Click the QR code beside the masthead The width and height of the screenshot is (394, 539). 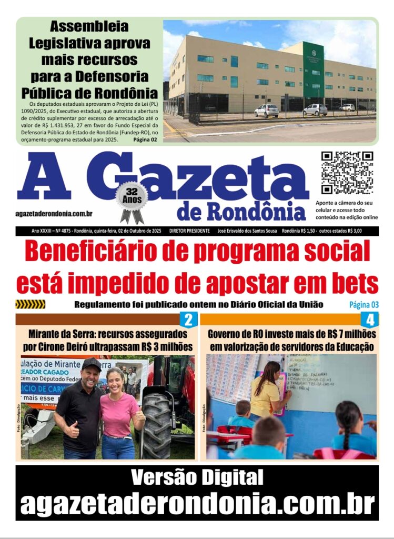click(x=347, y=173)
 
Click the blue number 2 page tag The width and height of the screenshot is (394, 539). click(x=188, y=320)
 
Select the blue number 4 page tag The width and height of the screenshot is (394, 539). click(x=370, y=320)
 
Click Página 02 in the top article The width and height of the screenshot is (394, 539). click(x=145, y=139)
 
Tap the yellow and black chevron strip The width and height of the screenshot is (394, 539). click(x=30, y=304)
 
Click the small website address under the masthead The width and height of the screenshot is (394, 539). click(x=54, y=213)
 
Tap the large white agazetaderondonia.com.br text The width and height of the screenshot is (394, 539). click(x=197, y=503)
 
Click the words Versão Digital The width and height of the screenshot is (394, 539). click(x=197, y=478)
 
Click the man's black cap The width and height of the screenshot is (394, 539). click(x=91, y=364)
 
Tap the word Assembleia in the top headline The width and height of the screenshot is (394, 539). click(x=89, y=27)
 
